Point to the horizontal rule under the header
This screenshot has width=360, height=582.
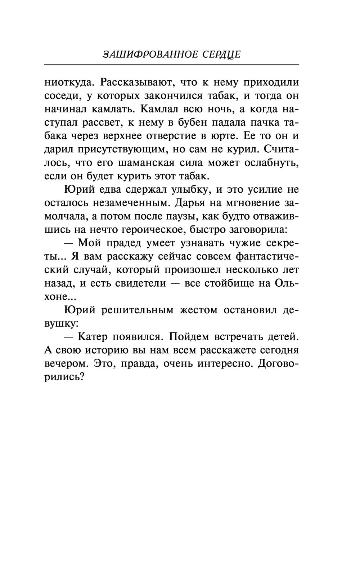tap(171, 65)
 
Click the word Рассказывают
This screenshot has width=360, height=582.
tap(135, 82)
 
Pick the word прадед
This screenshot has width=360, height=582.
tap(121, 243)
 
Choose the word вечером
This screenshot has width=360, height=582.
tap(66, 363)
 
